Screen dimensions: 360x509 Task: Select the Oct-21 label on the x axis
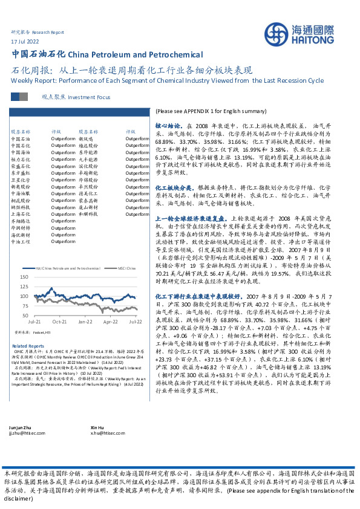pyautogui.click(x=59, y=322)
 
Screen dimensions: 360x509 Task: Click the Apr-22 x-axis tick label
pyautogui.click(x=110, y=322)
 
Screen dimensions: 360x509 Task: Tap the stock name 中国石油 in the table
pyautogui.click(x=20, y=138)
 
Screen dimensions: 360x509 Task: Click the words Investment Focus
pyautogui.click(x=90, y=96)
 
